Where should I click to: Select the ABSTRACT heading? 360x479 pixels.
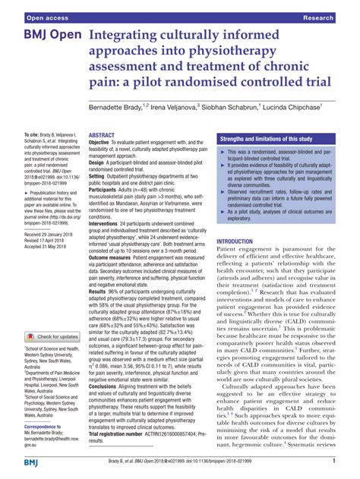pyautogui.click(x=103, y=134)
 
